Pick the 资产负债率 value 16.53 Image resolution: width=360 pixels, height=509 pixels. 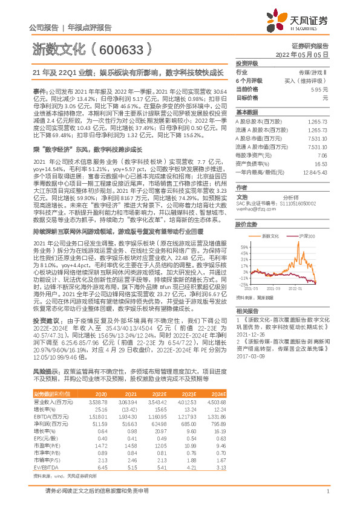coord(321,164)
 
